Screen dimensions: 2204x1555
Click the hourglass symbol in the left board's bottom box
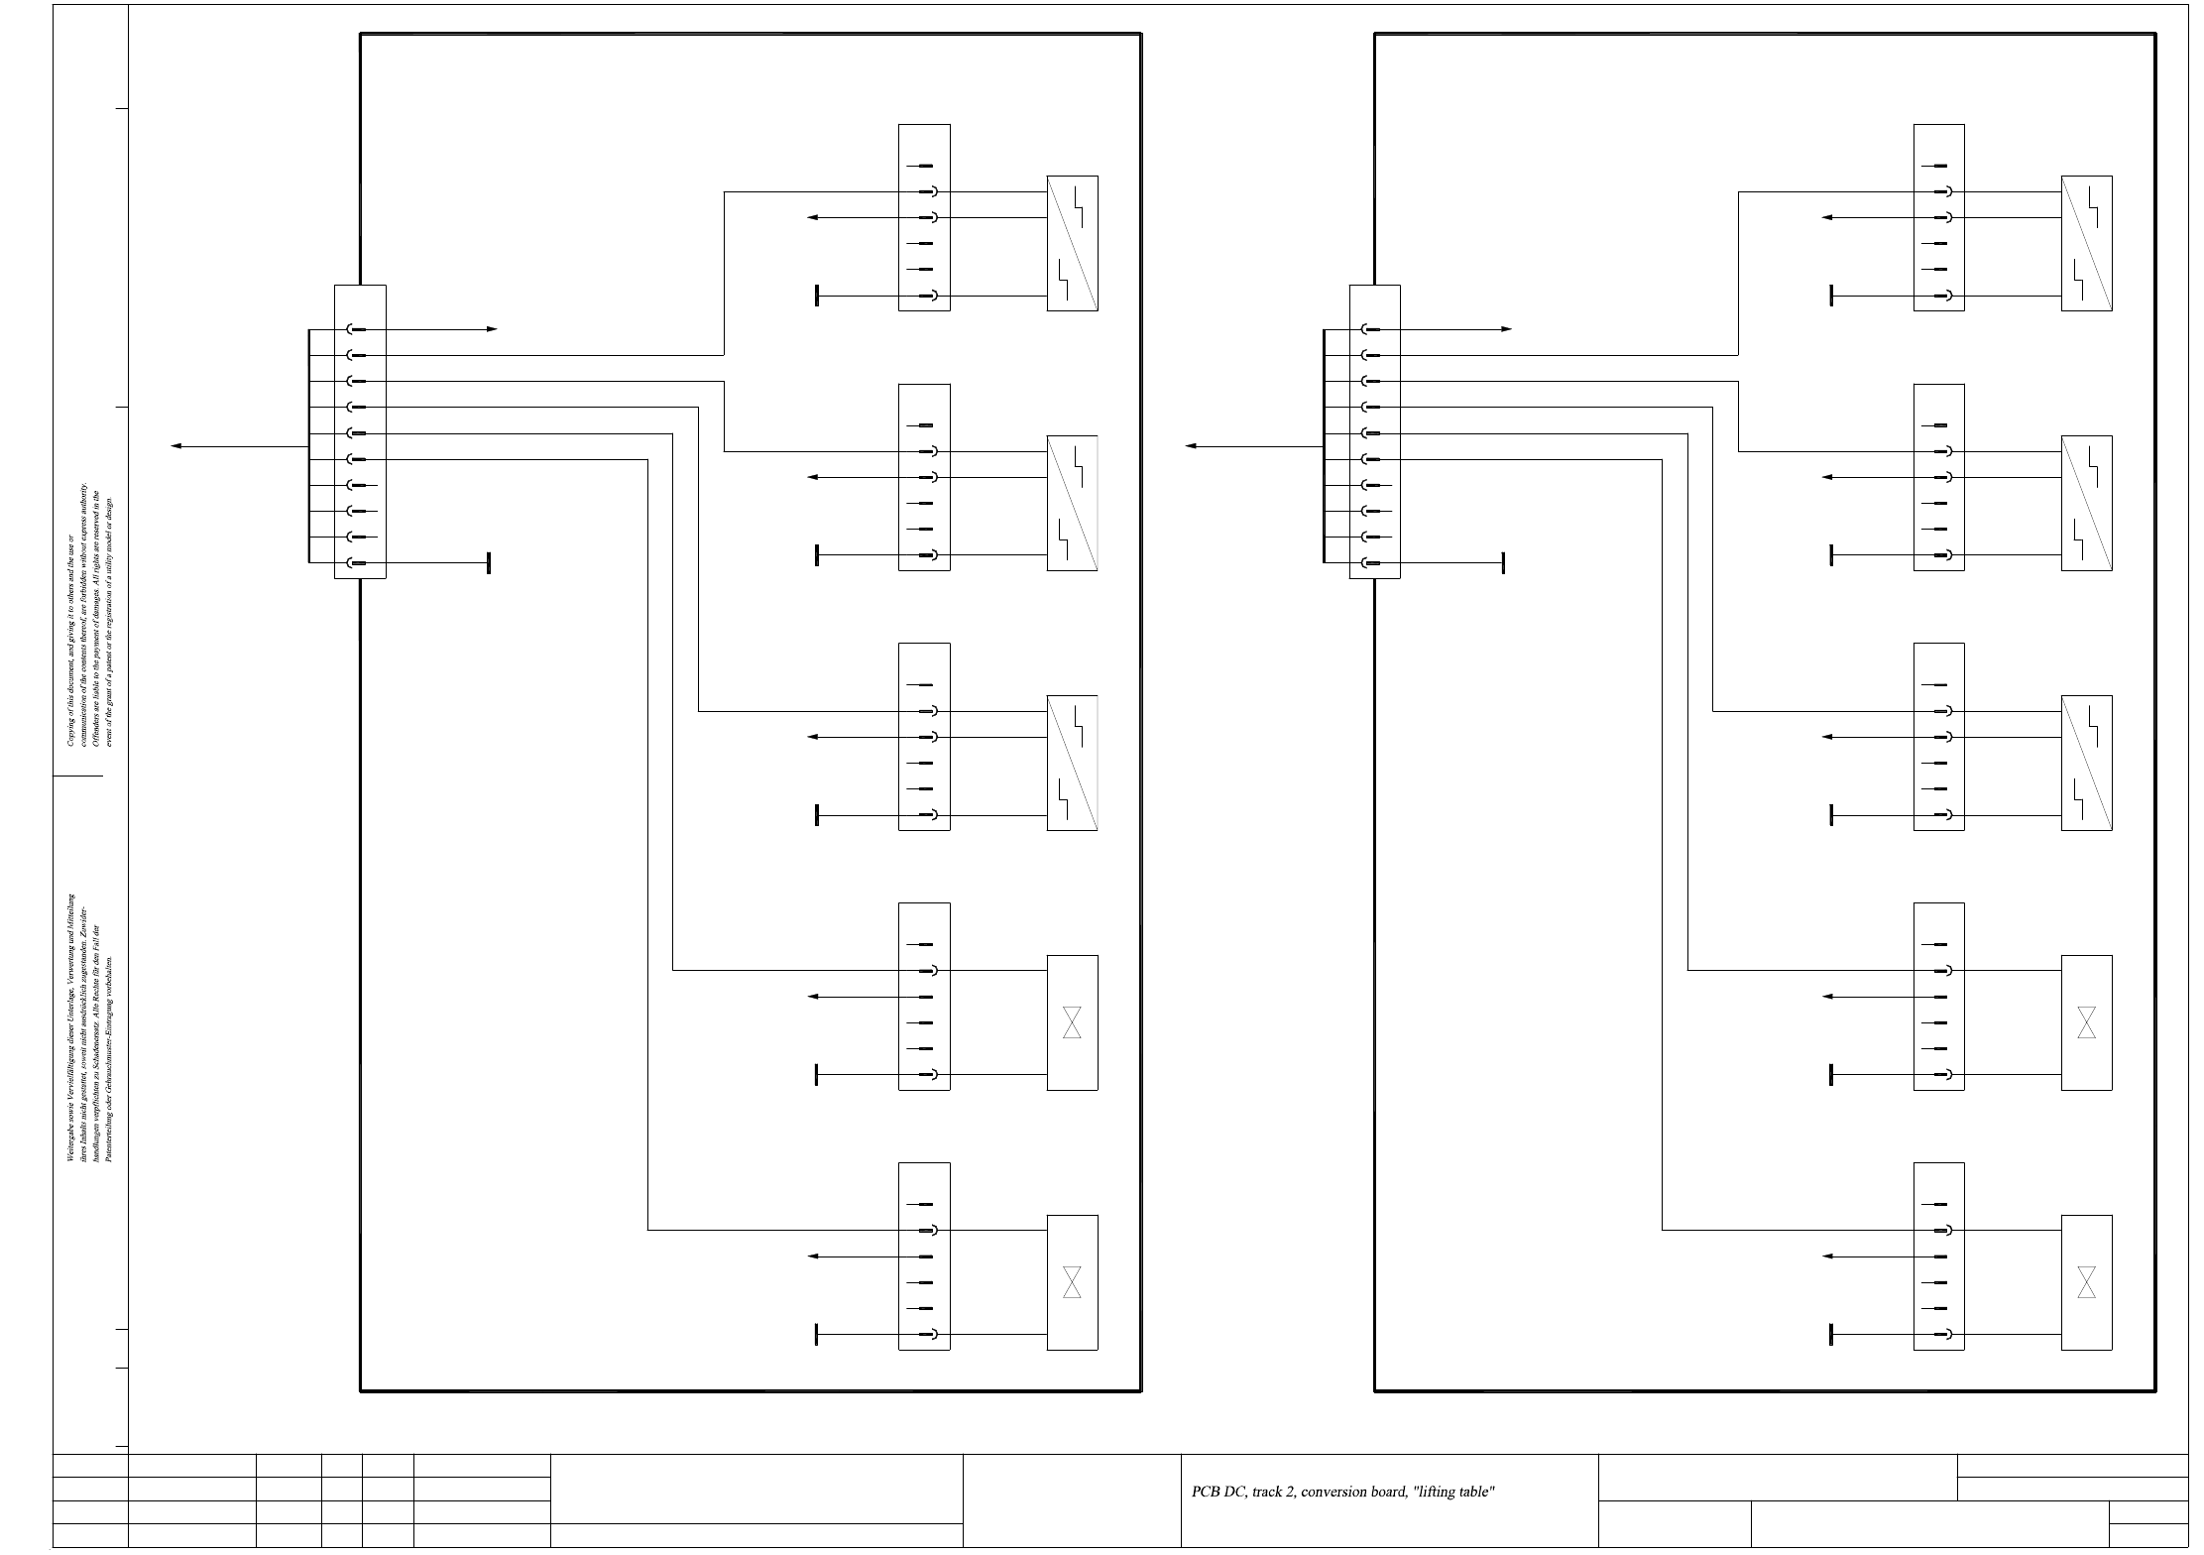1072,1281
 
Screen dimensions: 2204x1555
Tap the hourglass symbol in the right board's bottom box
2086,1281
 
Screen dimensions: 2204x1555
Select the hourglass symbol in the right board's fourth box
2086,1022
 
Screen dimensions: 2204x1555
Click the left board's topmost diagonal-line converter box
1072,243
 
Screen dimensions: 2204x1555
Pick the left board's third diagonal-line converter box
1072,763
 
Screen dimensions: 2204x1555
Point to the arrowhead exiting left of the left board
176,446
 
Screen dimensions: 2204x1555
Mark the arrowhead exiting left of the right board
1191,446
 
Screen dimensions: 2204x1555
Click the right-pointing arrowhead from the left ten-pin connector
492,329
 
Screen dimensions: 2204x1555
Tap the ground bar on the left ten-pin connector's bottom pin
489,563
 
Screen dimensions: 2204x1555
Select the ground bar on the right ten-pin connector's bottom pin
1503,563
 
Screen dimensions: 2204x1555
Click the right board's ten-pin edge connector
1374,431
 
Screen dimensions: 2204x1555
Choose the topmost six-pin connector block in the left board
924,217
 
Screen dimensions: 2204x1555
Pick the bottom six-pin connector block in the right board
1938,1256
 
